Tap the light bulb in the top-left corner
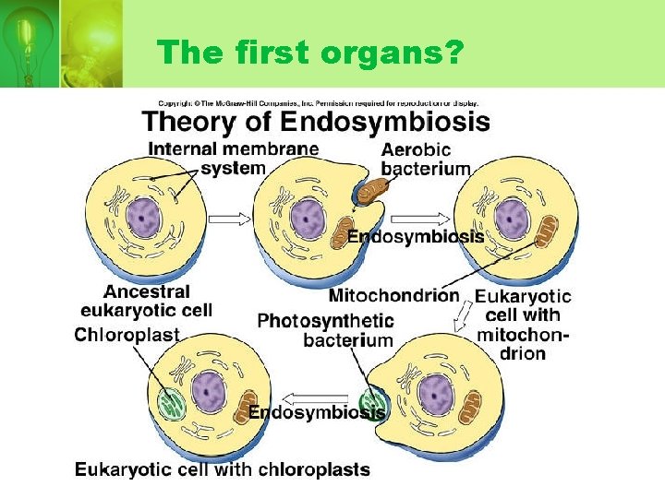[28, 37]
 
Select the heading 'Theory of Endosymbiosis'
[315, 122]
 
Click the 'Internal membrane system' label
[234, 158]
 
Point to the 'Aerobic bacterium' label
[425, 159]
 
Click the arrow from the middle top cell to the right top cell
[419, 219]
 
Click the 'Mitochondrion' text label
[393, 295]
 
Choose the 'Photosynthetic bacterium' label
[325, 330]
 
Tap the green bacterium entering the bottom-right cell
[372, 403]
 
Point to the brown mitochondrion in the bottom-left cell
[246, 408]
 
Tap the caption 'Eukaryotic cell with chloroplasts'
[222, 469]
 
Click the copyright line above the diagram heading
[318, 101]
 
